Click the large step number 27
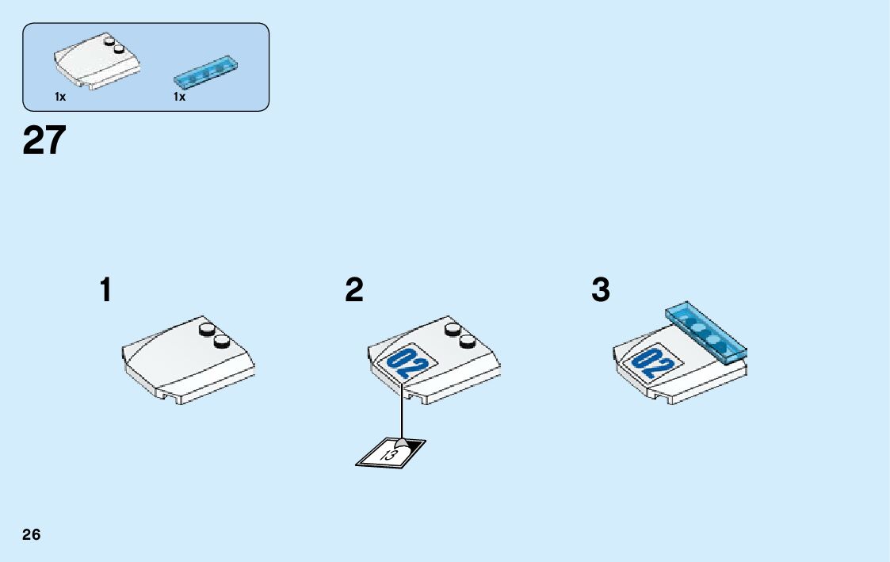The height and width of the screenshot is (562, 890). (44, 141)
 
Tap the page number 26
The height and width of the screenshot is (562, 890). (31, 534)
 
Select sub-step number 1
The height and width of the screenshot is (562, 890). (105, 290)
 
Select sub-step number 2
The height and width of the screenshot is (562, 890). (354, 290)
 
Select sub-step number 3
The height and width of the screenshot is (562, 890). (601, 290)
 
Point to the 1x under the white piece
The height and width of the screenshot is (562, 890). (59, 97)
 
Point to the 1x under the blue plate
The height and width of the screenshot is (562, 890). (179, 97)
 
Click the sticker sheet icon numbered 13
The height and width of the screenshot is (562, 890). (390, 453)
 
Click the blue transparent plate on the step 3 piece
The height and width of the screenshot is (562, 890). (707, 331)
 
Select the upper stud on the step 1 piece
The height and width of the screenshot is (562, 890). (208, 329)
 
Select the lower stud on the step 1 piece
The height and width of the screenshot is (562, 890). (222, 342)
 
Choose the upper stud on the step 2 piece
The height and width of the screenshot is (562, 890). (453, 329)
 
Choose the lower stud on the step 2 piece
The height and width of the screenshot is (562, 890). (468, 342)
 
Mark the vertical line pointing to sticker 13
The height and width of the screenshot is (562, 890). (403, 412)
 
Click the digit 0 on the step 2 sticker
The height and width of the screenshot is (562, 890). (399, 358)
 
